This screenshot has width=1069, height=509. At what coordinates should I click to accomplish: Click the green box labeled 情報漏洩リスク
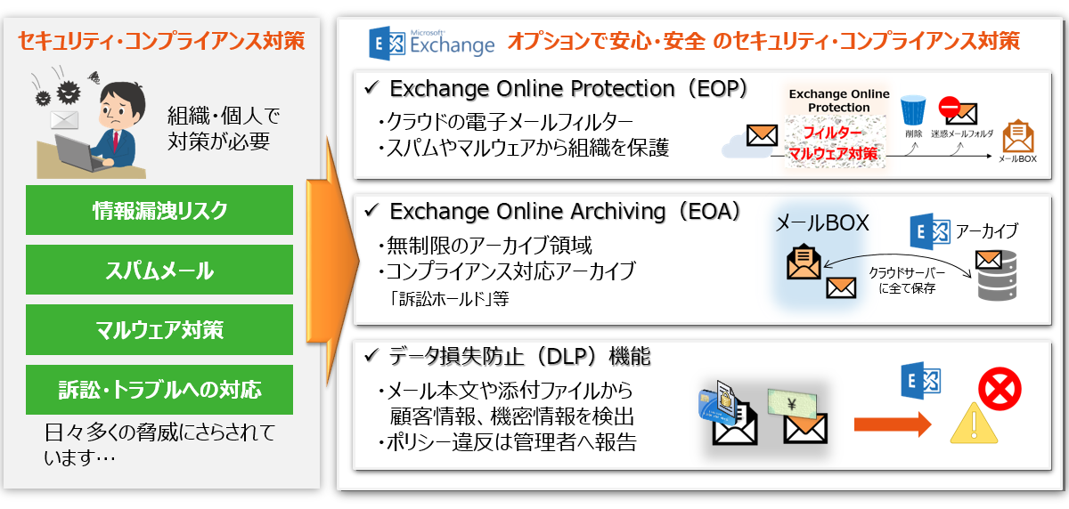tap(159, 210)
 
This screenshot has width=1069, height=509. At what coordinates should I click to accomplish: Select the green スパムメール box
tap(159, 270)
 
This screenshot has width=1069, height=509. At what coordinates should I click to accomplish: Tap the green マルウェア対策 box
tap(159, 330)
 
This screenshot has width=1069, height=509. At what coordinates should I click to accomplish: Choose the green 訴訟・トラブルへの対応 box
tap(159, 390)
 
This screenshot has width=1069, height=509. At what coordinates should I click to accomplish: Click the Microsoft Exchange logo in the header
tap(432, 43)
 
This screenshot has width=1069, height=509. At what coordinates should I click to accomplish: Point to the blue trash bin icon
tap(913, 110)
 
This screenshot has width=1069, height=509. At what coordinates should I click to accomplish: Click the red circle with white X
tap(1000, 389)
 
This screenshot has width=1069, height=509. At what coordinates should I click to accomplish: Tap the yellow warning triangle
tap(974, 424)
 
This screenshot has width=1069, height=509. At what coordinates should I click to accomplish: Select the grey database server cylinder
tap(997, 277)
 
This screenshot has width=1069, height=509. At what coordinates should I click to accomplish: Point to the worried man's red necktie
tap(115, 141)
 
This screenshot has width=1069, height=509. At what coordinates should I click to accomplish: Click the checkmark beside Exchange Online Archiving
tap(371, 210)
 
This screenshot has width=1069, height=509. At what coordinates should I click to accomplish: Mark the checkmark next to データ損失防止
tap(371, 355)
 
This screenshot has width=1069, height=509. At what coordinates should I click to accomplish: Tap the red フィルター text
tap(833, 132)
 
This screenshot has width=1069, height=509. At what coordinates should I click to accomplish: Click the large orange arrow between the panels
tap(331, 261)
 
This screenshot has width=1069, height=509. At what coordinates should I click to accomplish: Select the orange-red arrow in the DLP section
tap(893, 424)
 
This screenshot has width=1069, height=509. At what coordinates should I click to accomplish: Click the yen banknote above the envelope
tap(792, 404)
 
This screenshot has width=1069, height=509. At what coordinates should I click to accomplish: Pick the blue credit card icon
tap(713, 406)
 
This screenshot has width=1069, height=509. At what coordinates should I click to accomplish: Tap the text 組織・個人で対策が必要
tap(224, 129)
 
